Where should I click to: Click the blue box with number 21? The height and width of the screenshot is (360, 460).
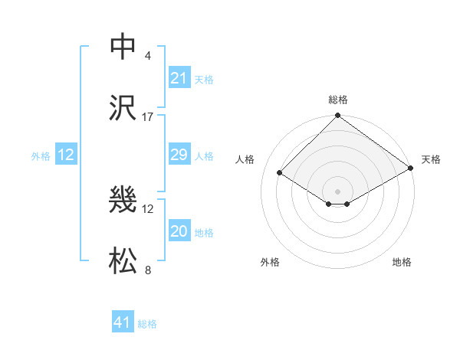point(179,78)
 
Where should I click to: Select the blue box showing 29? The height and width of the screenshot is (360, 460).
point(179,155)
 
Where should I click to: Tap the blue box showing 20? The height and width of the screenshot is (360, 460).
point(179,232)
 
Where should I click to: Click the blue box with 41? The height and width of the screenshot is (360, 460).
point(123,323)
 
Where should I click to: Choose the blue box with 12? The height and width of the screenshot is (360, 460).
point(66,155)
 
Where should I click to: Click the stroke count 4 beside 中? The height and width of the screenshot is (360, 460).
point(148,56)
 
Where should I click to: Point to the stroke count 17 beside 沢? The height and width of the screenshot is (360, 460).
point(148,117)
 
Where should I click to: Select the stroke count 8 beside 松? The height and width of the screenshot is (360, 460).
point(148,270)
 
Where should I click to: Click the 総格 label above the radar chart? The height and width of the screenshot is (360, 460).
point(338,100)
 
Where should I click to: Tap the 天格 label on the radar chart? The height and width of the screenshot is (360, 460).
point(432,159)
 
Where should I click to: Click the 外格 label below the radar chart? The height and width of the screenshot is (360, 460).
point(270,263)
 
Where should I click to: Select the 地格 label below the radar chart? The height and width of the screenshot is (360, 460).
point(402,263)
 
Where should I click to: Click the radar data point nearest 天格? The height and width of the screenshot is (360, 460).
point(411,169)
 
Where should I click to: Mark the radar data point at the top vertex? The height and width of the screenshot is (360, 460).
point(338,116)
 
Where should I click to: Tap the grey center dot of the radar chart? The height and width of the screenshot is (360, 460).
point(338,191)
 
